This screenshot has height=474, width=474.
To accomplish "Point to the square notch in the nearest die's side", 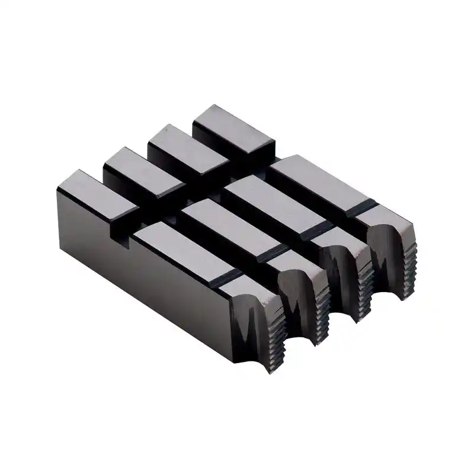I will pos(124,237).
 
